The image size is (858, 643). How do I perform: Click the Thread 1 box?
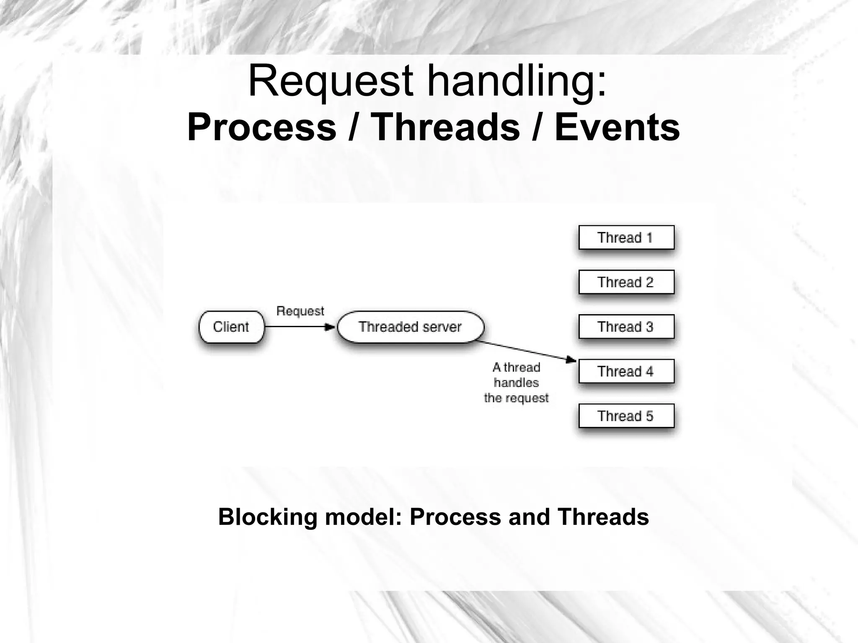[x=626, y=238]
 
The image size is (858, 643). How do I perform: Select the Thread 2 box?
[x=626, y=282]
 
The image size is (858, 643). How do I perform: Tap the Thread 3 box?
[x=626, y=327]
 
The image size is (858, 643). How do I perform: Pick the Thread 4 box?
[x=626, y=371]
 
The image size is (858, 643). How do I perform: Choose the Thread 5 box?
[x=626, y=416]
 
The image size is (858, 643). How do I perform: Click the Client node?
[x=231, y=327]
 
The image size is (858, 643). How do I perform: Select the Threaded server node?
[x=410, y=327]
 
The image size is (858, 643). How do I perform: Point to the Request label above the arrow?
[x=300, y=311]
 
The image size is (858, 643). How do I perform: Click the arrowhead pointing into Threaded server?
[x=331, y=327]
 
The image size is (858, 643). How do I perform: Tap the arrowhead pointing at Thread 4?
[x=571, y=359]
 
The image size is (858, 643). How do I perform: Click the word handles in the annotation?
[x=516, y=382]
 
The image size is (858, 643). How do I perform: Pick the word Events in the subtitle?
[x=617, y=128]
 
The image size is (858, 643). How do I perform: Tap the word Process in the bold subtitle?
[x=262, y=128]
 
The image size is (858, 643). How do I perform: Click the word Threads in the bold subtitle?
[x=445, y=128]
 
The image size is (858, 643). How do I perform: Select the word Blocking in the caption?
[x=268, y=517]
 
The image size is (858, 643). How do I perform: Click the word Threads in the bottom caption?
[x=603, y=517]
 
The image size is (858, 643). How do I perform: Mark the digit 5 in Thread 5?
[x=649, y=416]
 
